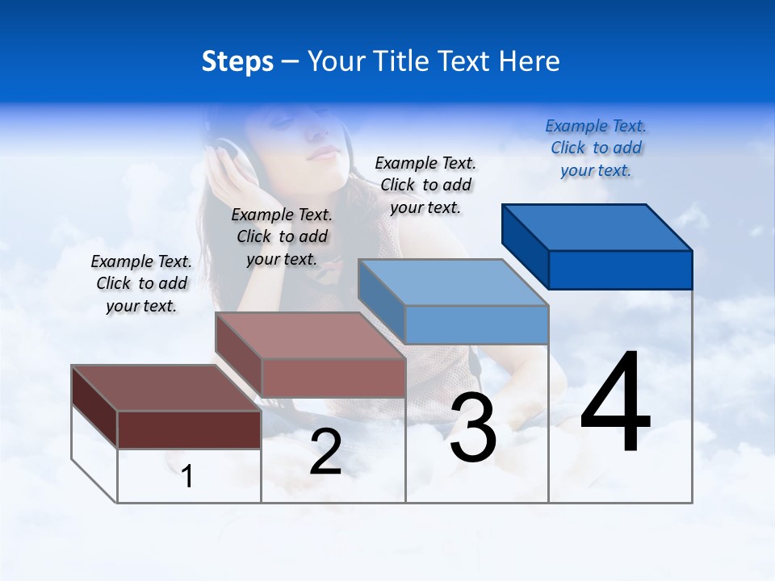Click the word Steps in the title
pos(237,61)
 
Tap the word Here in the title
pos(530,61)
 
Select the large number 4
pos(616,403)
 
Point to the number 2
pos(325,453)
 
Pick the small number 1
pos(187,476)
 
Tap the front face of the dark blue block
pos(620,270)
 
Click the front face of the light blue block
pos(476,325)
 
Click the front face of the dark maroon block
pos(189,429)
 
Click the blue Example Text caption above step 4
pos(596,148)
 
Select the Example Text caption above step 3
pos(425,185)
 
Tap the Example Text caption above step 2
pos(282,236)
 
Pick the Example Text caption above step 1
pos(141,283)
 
